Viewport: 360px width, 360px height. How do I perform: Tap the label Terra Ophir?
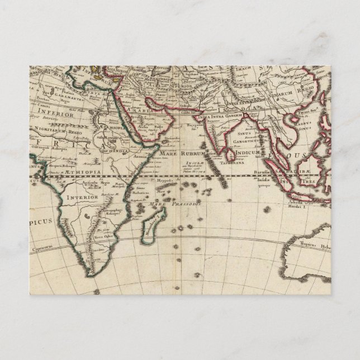(x=105, y=236)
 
